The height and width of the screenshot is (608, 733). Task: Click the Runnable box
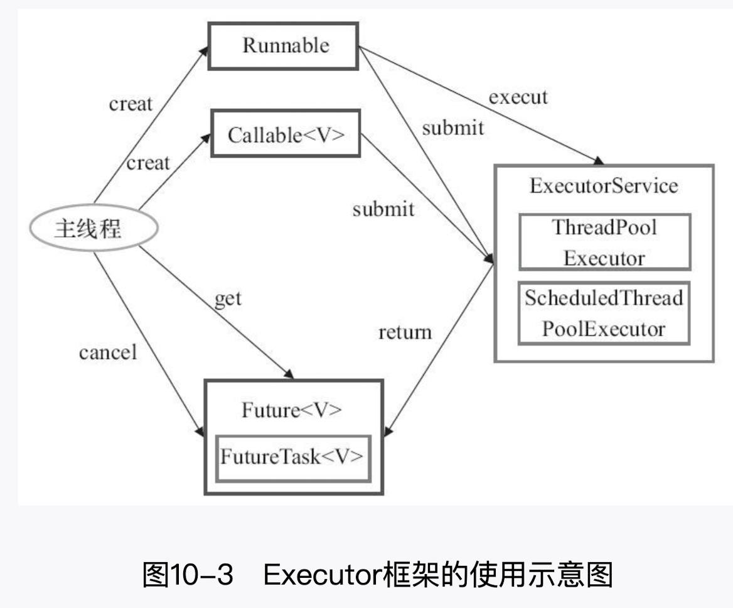283,46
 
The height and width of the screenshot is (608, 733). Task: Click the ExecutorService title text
603,186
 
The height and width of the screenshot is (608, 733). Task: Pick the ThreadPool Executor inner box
604,242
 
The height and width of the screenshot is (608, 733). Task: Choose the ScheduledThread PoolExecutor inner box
604,313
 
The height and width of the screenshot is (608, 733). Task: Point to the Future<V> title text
292,410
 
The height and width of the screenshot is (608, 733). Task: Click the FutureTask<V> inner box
292,457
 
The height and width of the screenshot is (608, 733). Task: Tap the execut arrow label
518,97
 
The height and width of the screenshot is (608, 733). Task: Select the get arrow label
228,298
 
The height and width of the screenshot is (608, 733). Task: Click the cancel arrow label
107,352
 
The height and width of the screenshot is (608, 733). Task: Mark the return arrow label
405,332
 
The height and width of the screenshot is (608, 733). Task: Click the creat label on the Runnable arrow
131,104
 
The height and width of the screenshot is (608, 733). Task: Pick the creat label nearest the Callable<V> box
148,163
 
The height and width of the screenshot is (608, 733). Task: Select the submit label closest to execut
452,128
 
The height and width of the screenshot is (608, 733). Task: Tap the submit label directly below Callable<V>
383,209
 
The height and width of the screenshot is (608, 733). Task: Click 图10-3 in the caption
188,575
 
